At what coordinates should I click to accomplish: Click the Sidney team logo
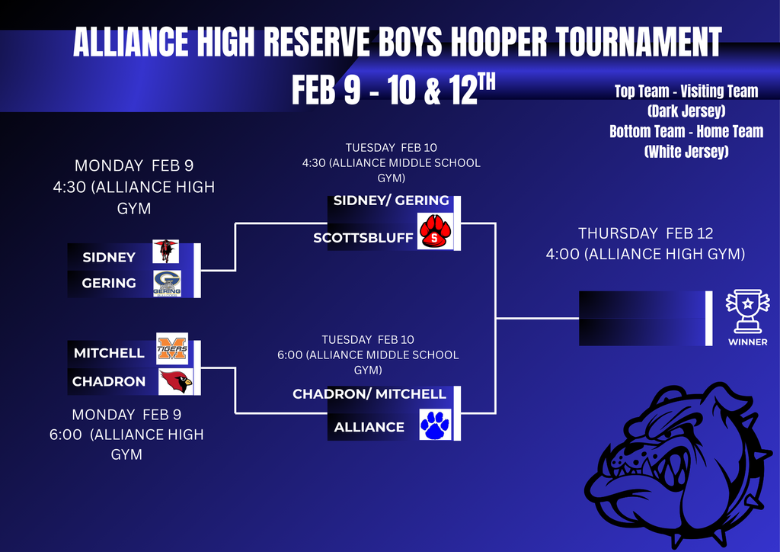165,251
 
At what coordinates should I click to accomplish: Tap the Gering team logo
167,283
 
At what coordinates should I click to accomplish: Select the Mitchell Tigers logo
172,348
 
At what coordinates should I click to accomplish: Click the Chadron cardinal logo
176,382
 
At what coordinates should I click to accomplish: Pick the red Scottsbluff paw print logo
435,231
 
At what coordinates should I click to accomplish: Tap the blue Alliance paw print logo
435,425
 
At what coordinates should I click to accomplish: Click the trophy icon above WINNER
747,311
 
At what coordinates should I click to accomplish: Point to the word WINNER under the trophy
748,342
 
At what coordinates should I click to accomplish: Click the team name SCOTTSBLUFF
363,238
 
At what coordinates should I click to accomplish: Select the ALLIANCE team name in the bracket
369,427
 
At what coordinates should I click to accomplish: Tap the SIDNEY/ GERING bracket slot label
391,201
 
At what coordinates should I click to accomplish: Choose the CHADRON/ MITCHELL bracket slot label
369,394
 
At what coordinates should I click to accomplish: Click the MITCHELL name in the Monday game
109,353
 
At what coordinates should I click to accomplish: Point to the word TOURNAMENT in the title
638,41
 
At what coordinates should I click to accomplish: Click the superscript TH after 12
487,81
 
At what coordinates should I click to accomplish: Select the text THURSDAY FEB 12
646,233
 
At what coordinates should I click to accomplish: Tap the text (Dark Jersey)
686,111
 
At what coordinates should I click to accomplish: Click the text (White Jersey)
686,151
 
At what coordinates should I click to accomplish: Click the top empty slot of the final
641,305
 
